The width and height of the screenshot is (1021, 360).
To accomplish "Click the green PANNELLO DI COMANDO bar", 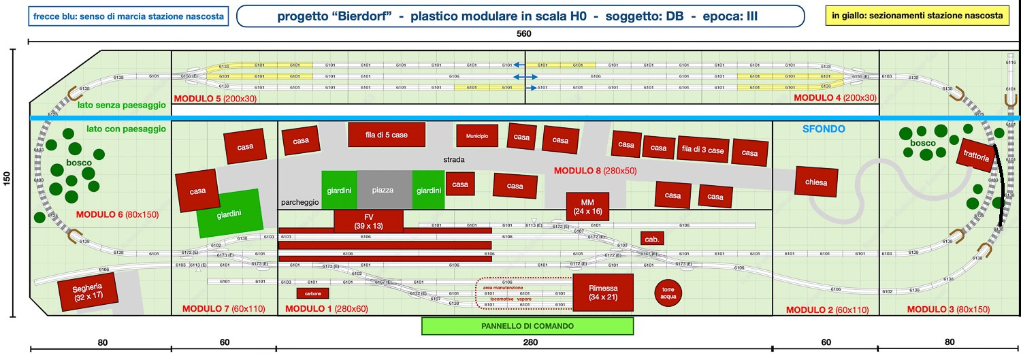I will click(x=528, y=326).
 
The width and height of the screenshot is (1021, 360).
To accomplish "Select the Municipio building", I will click(x=477, y=136).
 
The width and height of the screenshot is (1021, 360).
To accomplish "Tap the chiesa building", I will click(x=815, y=182).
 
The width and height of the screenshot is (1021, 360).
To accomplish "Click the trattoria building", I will click(x=975, y=157).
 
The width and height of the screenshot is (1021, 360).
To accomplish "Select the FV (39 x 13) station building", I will click(x=368, y=220).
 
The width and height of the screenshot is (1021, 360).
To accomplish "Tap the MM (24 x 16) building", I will click(x=587, y=207).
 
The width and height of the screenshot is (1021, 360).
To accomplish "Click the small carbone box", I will click(x=313, y=293).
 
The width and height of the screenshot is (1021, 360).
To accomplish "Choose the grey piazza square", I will click(x=384, y=190).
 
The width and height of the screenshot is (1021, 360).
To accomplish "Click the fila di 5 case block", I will click(x=386, y=135).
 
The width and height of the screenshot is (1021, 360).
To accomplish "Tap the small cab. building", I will click(x=651, y=240).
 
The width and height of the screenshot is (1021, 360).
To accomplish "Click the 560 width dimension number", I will click(x=523, y=33).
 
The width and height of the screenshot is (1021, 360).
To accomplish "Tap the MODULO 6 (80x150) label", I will click(x=116, y=214).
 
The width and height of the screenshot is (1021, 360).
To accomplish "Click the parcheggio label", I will click(x=299, y=203).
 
